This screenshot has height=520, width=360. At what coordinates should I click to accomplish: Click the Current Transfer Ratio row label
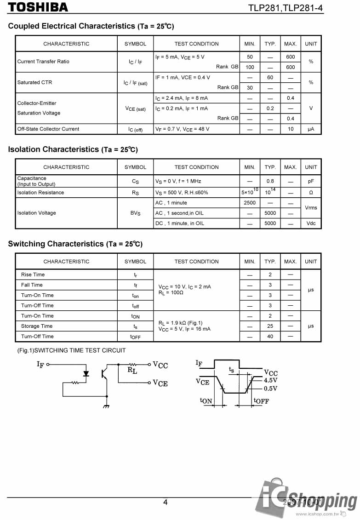click(x=43, y=62)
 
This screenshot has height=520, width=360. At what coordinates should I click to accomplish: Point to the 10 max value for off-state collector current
click(x=291, y=129)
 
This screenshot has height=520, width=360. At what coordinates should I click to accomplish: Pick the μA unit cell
click(x=311, y=129)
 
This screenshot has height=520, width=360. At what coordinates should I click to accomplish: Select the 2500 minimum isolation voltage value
click(x=250, y=203)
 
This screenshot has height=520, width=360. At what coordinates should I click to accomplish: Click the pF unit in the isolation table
click(x=311, y=182)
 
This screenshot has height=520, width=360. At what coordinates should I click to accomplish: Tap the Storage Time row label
click(x=37, y=326)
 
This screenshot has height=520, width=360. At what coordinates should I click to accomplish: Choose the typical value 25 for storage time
click(x=270, y=326)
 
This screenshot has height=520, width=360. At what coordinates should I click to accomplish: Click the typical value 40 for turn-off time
click(x=270, y=337)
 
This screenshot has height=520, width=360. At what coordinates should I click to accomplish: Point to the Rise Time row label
click(x=33, y=274)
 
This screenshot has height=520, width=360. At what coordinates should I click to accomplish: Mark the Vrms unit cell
click(x=311, y=208)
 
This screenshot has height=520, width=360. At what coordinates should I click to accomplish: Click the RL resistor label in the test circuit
click(x=132, y=370)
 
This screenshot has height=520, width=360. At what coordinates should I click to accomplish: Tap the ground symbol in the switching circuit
click(x=107, y=406)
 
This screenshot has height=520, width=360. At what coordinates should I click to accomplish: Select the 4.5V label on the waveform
click(x=271, y=381)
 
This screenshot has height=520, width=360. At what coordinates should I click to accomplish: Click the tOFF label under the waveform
click(x=261, y=401)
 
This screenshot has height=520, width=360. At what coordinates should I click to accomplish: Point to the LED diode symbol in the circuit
click(x=86, y=373)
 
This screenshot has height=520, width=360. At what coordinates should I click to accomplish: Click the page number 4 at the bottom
click(x=166, y=502)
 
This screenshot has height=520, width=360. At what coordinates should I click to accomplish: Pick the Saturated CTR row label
click(x=34, y=82)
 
